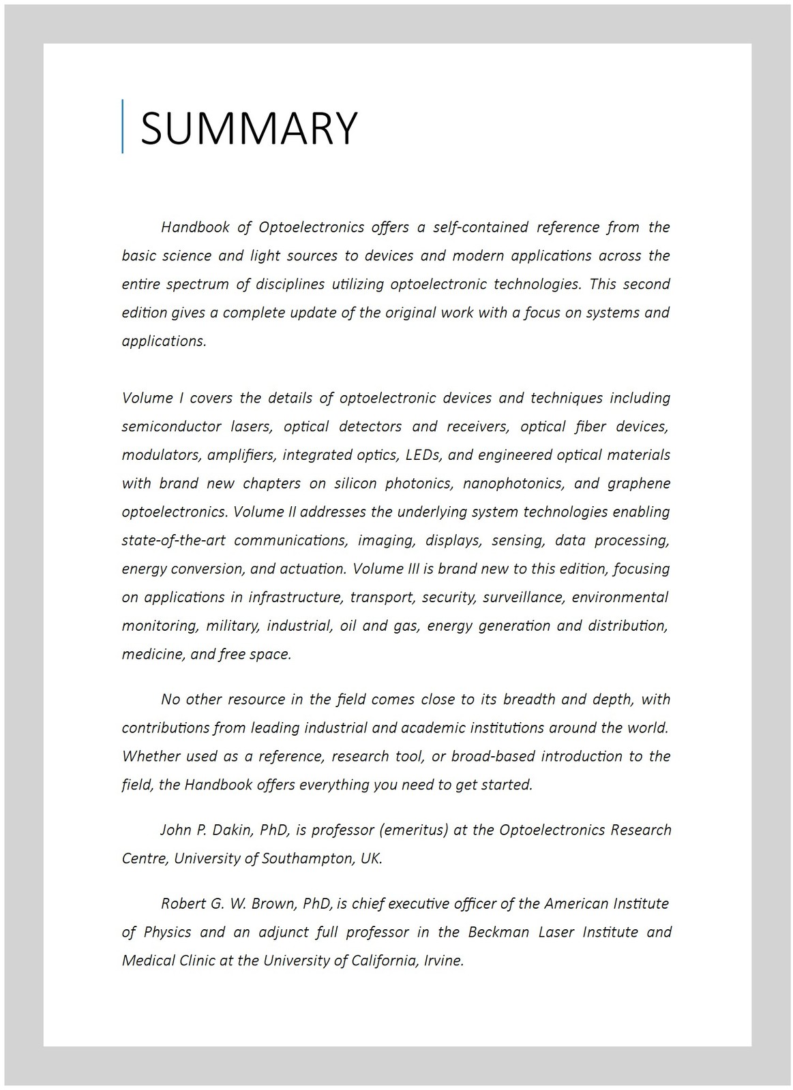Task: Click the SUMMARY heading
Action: tap(249, 127)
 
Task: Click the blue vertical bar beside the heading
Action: tap(123, 126)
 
